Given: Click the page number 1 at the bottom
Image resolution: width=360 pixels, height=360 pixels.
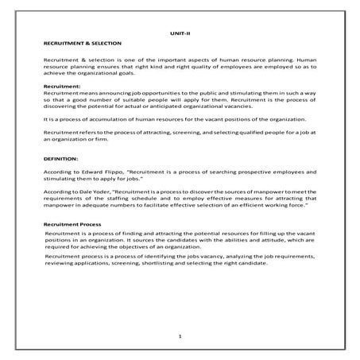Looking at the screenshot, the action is point(180,337).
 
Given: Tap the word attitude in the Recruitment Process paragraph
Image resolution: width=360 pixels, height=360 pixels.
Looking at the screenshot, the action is point(258,242).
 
